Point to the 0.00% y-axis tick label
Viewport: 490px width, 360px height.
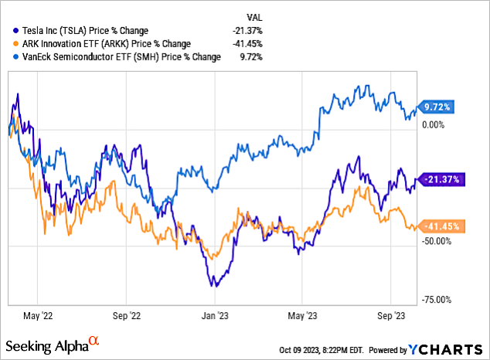[x=437, y=124]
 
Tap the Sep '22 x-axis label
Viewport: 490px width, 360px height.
[x=127, y=315]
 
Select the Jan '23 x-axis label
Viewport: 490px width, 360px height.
[x=214, y=315]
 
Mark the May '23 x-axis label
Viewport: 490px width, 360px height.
[x=303, y=315]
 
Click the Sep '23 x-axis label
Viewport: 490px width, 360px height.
[x=392, y=315]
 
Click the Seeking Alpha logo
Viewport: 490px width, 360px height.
[x=54, y=343]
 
